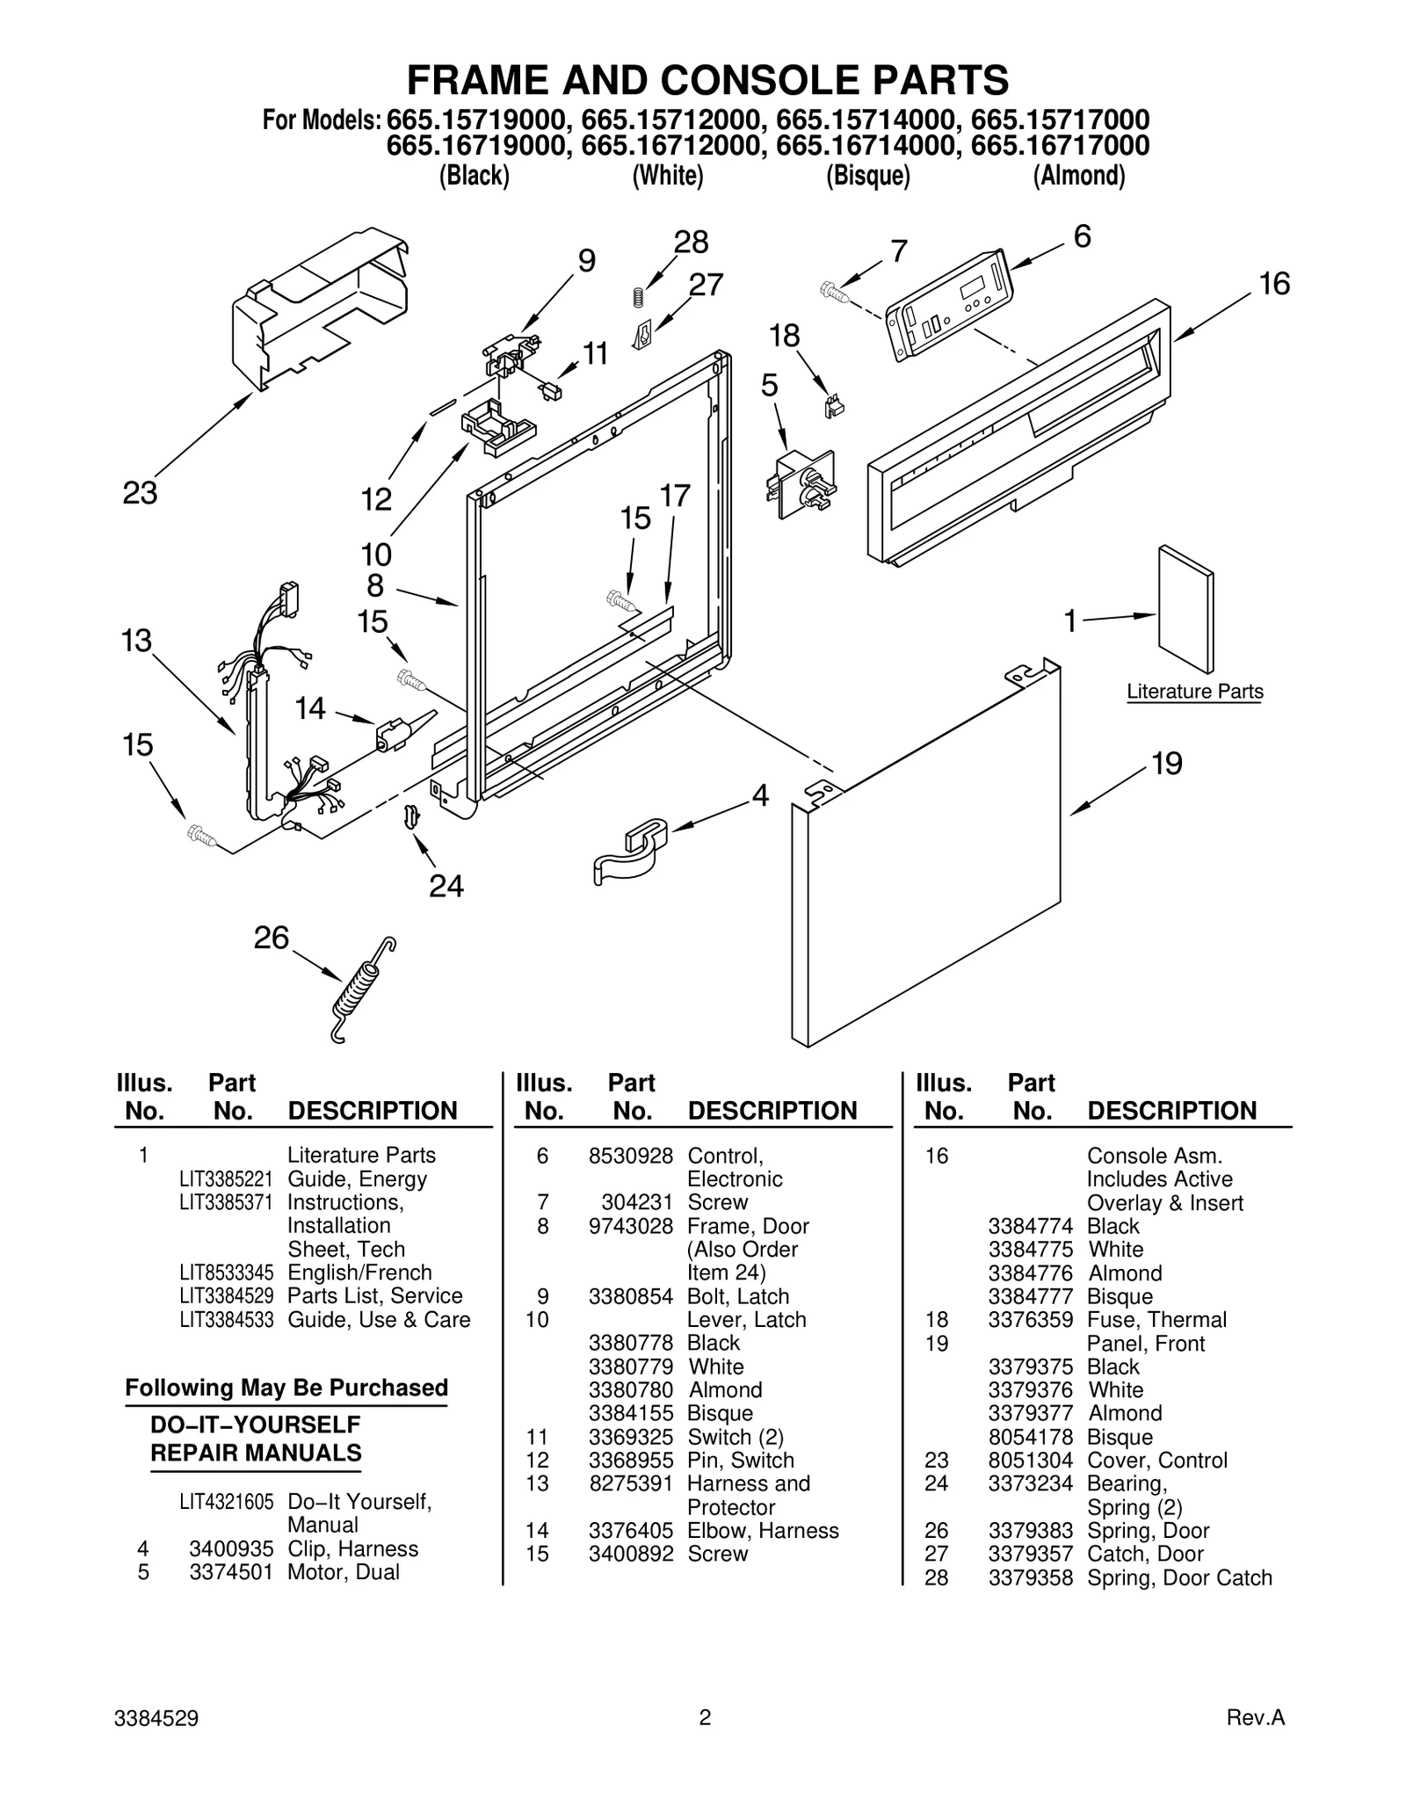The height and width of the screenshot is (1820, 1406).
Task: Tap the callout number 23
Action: pyautogui.click(x=140, y=494)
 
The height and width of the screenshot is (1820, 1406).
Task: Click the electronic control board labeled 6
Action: pyautogui.click(x=949, y=302)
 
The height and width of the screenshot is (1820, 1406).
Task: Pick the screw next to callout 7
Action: pyautogui.click(x=833, y=292)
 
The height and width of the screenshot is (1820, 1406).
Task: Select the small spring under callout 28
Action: pyautogui.click(x=639, y=298)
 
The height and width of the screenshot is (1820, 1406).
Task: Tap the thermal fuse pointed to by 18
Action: pyautogui.click(x=833, y=405)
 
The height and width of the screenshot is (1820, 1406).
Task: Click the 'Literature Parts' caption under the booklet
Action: pyautogui.click(x=1194, y=692)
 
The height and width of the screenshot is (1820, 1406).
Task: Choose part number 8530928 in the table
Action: pyautogui.click(x=630, y=1156)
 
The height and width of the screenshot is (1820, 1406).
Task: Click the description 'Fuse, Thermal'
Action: pyautogui.click(x=1156, y=1320)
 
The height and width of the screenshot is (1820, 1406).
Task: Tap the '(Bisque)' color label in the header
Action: pyautogui.click(x=867, y=177)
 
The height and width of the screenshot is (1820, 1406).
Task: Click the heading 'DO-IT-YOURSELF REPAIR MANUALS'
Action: pyautogui.click(x=256, y=1439)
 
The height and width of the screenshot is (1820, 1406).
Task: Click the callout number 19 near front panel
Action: pyautogui.click(x=1166, y=764)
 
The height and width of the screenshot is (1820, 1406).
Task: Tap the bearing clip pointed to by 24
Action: pyautogui.click(x=410, y=816)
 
